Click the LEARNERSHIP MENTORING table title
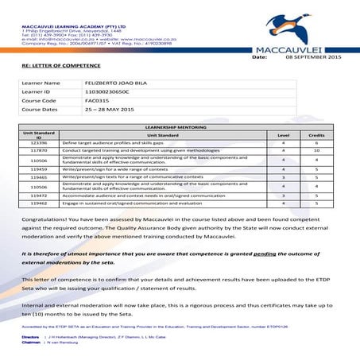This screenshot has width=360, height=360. click(x=178, y=127)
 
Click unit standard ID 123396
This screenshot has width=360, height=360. click(x=39, y=143)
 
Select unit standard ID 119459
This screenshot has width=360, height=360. click(x=39, y=168)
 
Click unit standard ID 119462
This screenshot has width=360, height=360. click(x=39, y=203)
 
